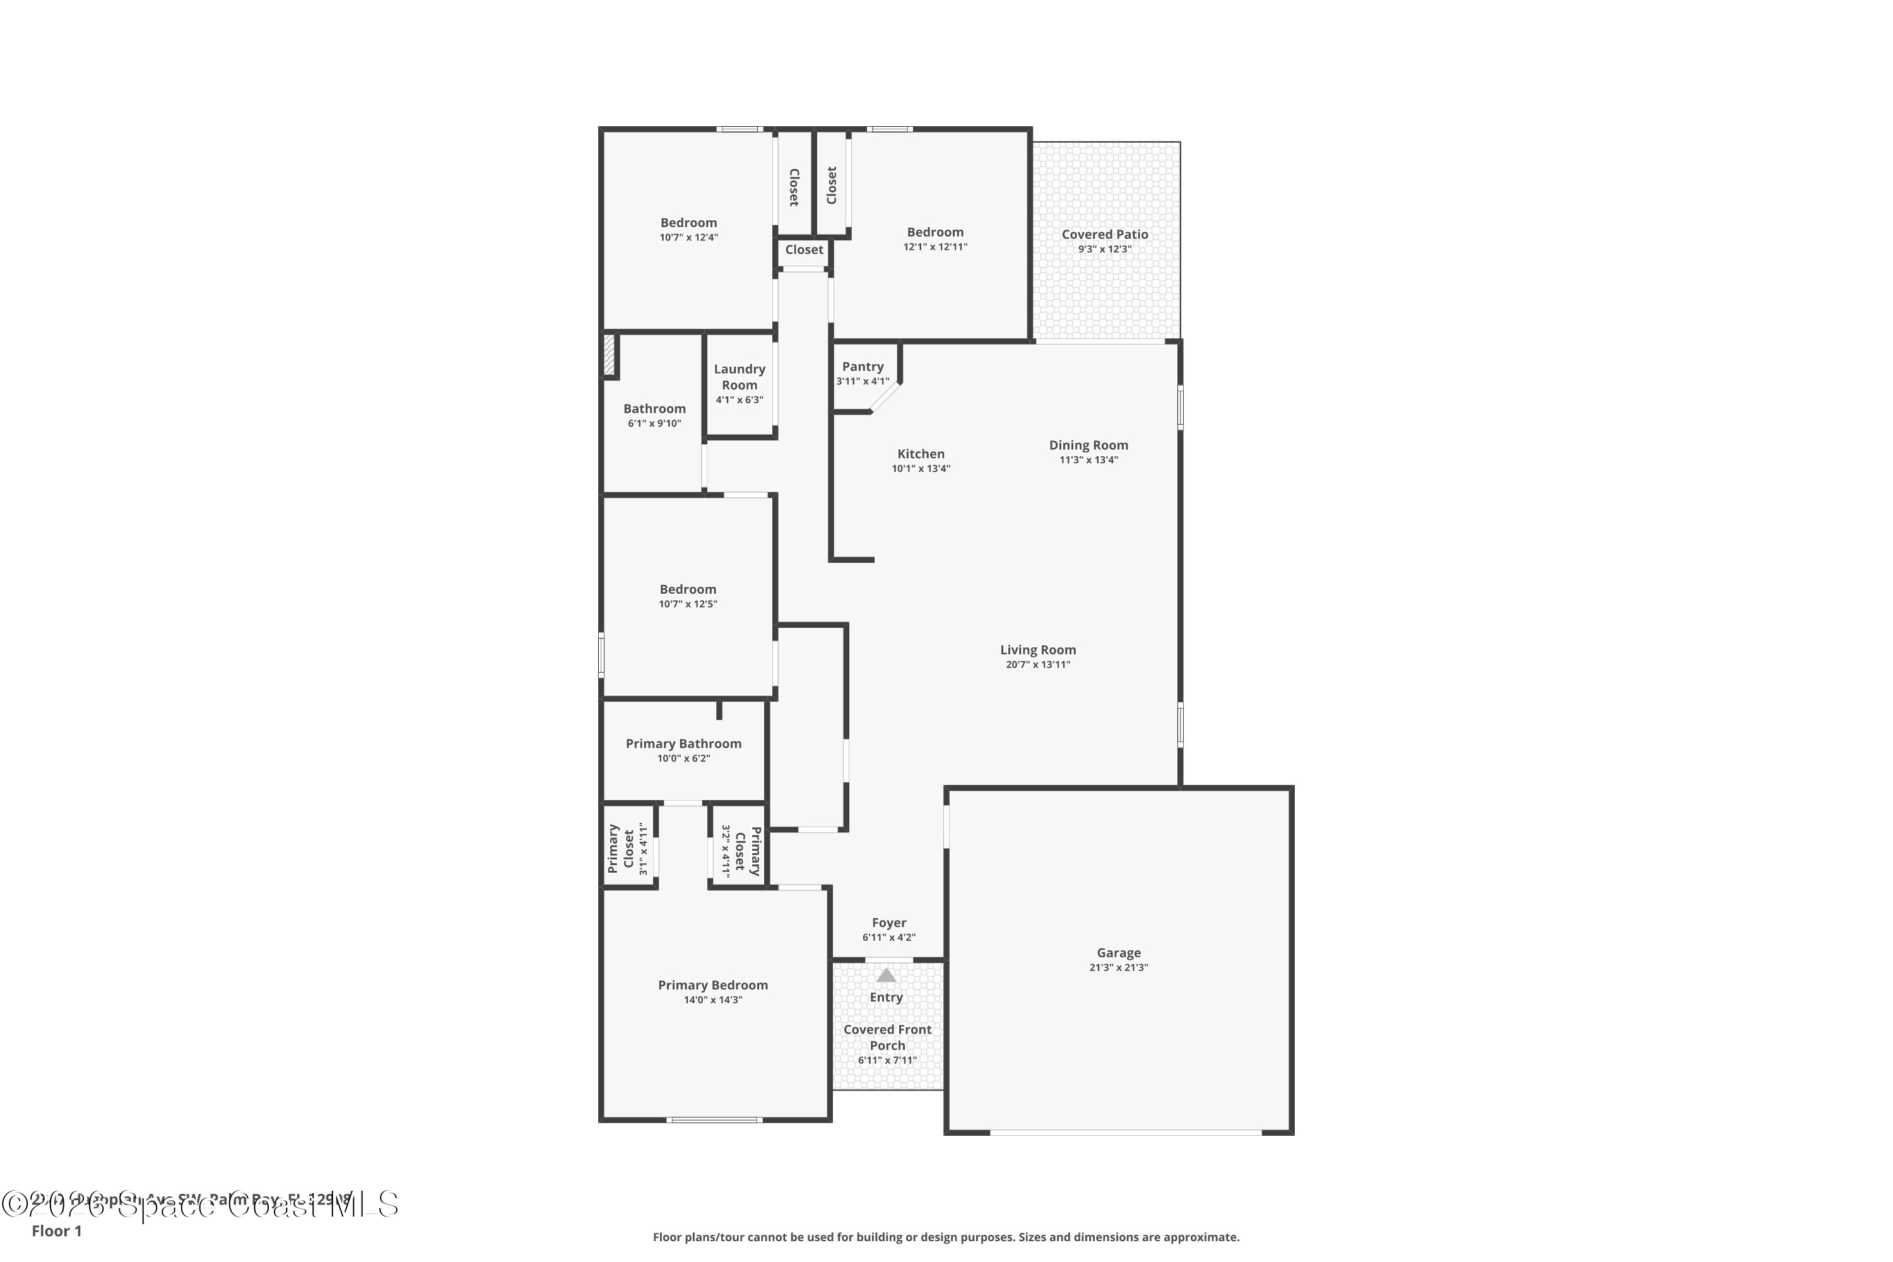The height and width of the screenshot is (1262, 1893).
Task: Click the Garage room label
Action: coord(1118,952)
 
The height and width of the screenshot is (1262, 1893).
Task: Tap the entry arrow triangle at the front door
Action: coord(885,976)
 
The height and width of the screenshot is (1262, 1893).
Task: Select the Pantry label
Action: coord(863,366)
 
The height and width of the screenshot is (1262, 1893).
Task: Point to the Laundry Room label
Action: coord(739,377)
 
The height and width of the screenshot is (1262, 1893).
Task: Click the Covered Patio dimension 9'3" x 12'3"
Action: coord(1104,249)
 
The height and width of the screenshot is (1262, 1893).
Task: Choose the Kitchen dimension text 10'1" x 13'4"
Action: coord(921,468)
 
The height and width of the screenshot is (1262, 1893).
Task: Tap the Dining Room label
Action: coord(1088,445)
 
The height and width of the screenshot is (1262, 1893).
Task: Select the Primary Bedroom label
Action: coord(712,985)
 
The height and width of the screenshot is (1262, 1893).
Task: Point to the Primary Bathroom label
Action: coord(683,744)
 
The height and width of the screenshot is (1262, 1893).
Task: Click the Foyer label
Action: coord(888,923)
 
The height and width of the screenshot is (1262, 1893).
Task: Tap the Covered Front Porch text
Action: coord(887,1037)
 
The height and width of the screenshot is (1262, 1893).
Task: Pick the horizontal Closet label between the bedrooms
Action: coord(804,249)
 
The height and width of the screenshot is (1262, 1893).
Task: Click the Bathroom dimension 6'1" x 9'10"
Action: coord(654,423)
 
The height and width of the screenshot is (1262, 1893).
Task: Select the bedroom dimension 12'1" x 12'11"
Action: coord(935,247)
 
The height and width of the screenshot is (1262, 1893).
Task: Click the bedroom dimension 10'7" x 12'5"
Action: coord(687,604)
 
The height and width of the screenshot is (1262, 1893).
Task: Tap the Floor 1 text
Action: coord(56,1230)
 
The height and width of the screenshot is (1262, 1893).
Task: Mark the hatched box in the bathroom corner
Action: coord(610,355)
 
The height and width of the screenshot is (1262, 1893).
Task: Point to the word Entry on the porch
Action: coord(885,997)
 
